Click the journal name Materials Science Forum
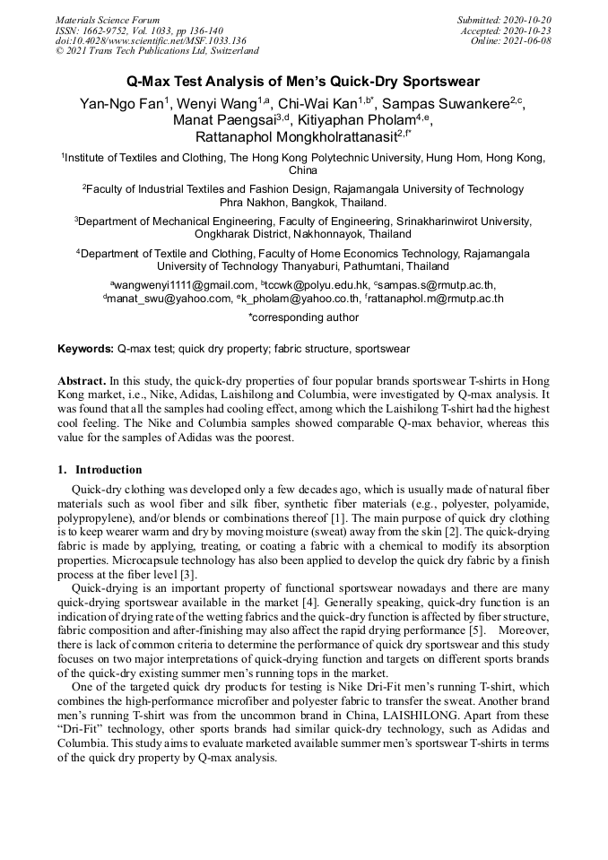point(108,20)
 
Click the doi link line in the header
point(150,40)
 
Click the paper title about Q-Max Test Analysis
point(303,81)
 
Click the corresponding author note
point(303,317)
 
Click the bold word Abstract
point(83,380)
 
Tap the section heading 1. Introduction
point(100,470)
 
